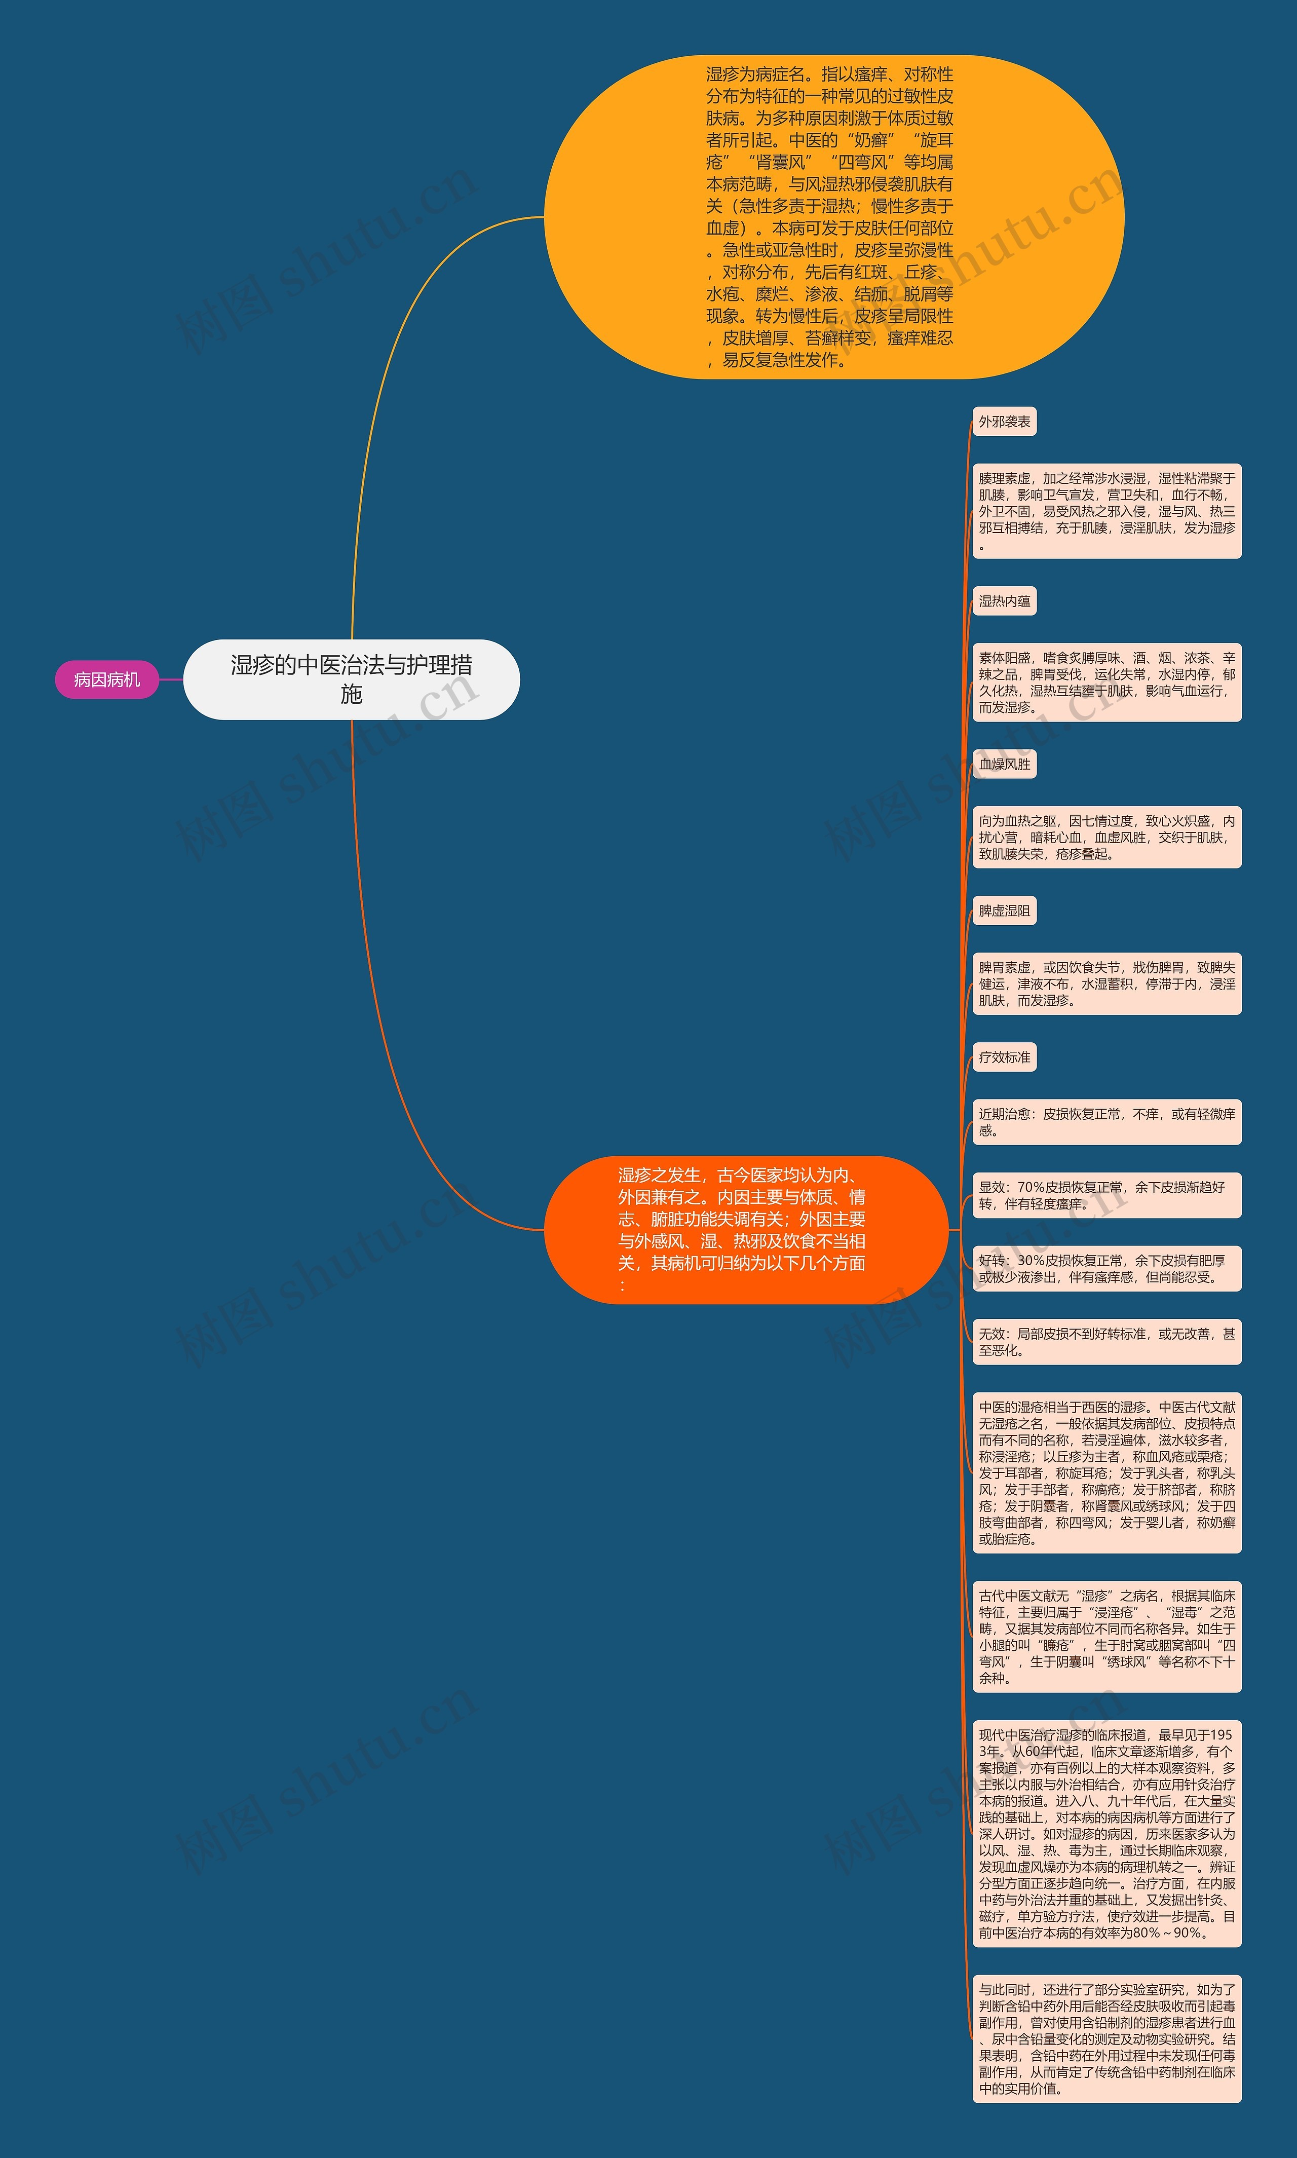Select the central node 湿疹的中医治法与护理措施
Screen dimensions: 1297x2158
point(351,679)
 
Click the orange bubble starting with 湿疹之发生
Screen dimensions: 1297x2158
point(745,1229)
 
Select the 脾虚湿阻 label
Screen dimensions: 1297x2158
point(1004,911)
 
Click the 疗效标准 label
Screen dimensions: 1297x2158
point(1004,1057)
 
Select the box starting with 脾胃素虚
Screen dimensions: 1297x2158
point(1107,984)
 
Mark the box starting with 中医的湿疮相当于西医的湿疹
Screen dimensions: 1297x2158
point(1107,1473)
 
